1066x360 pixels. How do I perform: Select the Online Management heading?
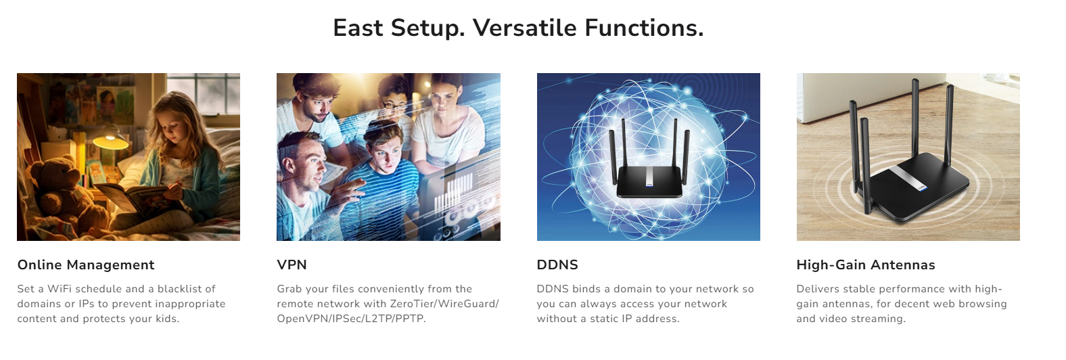point(86,265)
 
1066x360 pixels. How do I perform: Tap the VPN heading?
point(292,265)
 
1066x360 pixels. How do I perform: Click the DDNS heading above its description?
point(557,265)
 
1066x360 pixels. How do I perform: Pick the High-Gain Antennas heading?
point(866,265)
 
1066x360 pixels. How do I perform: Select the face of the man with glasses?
point(394,106)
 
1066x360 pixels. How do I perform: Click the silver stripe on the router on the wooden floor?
point(907,181)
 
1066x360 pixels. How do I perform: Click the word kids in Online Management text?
point(166,319)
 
